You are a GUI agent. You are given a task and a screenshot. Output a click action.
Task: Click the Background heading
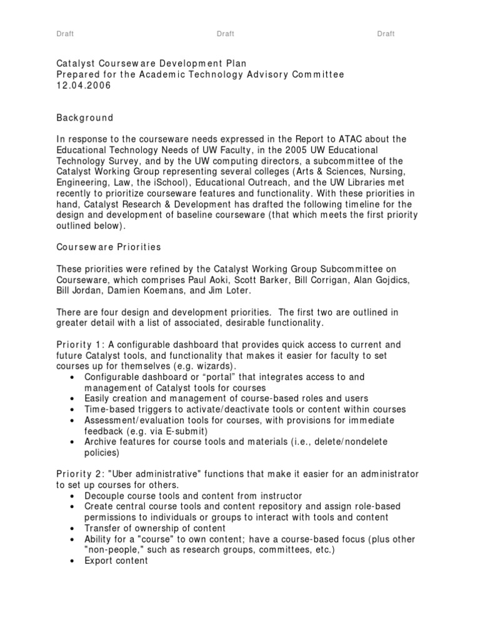[85, 117]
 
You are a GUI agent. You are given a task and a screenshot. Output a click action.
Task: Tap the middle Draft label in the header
[225, 34]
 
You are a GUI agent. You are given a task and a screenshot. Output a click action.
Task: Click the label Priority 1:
[79, 345]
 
